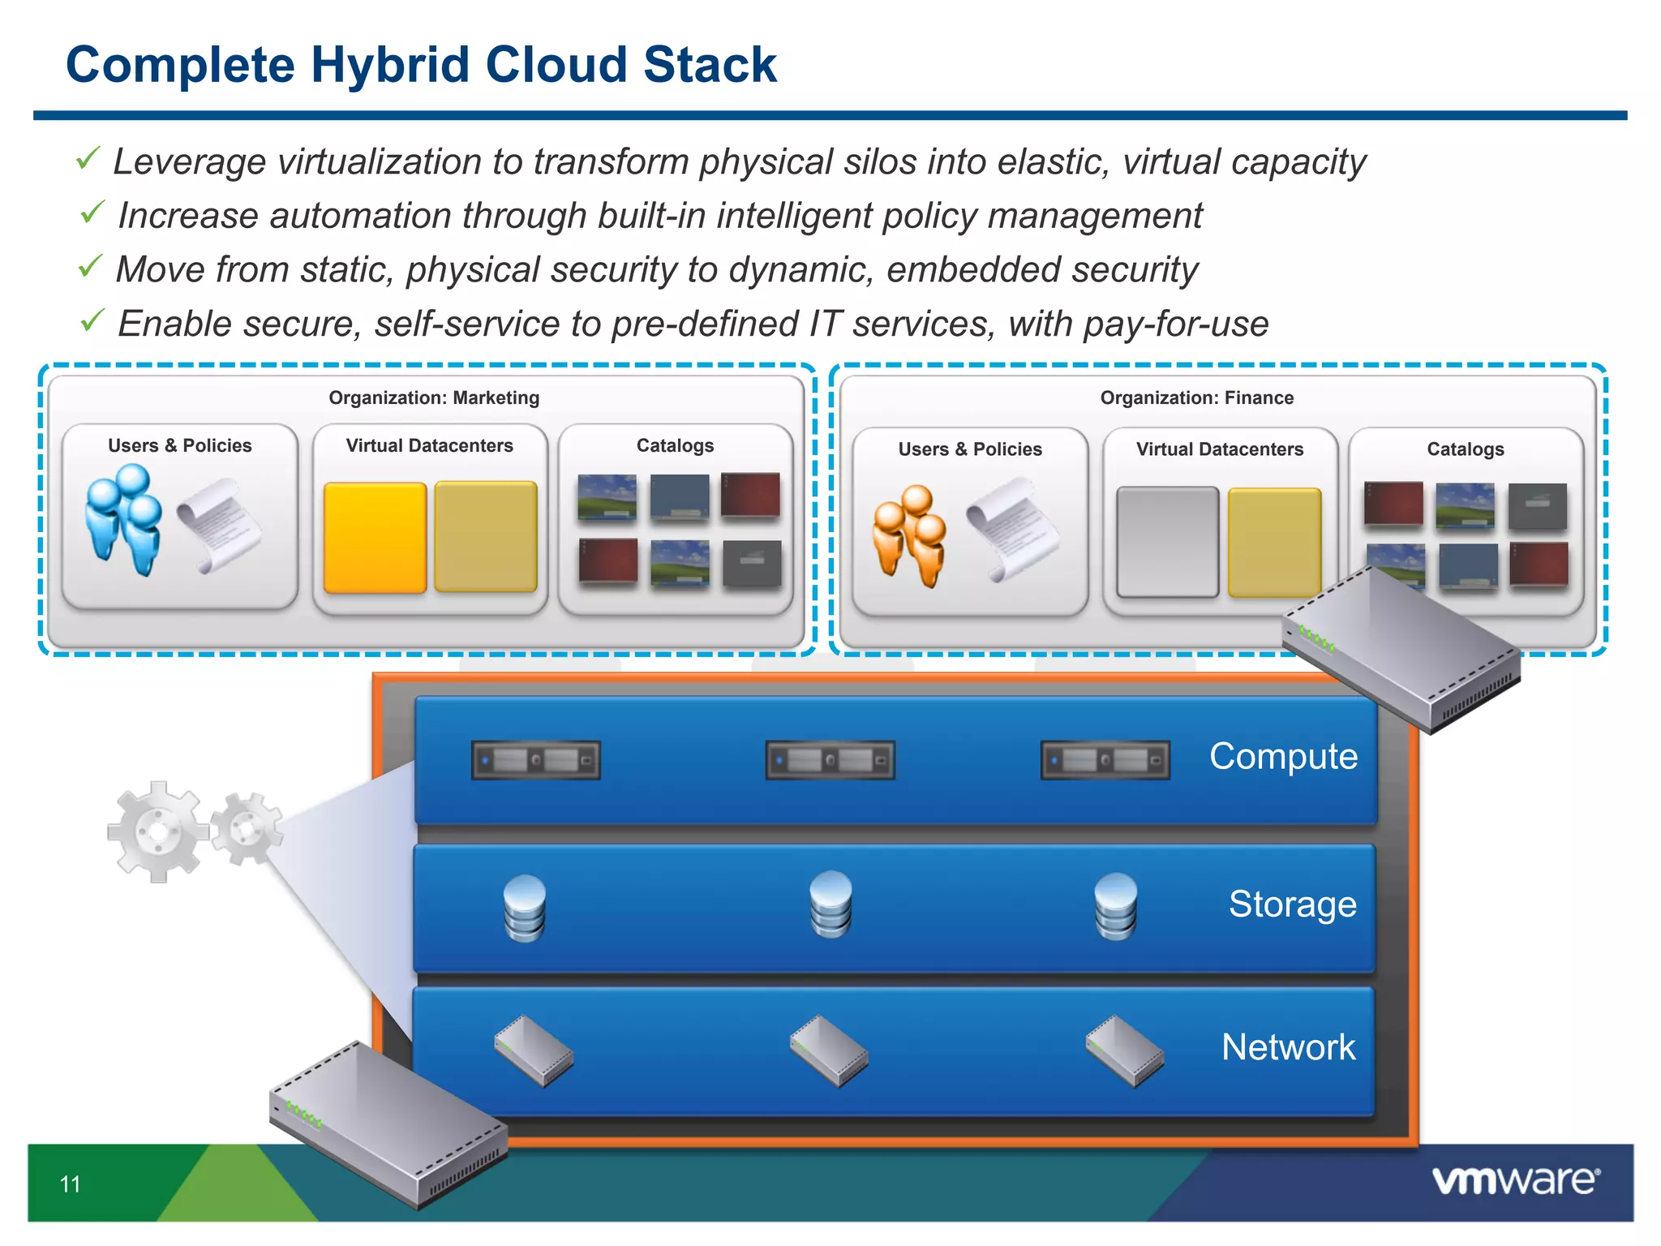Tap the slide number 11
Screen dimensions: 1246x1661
click(71, 1184)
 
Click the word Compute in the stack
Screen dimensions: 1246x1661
click(1283, 756)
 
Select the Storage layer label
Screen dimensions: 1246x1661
click(1292, 904)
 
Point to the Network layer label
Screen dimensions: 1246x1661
click(1288, 1047)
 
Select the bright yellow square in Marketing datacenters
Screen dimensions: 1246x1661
click(375, 537)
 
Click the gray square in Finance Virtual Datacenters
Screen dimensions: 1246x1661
click(1167, 542)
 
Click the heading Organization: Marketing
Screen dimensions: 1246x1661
click(434, 397)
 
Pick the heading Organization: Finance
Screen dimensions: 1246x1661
click(1196, 397)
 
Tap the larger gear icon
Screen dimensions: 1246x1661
click(157, 831)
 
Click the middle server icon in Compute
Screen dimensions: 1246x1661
click(830, 760)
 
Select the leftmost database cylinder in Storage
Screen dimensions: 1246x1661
click(524, 908)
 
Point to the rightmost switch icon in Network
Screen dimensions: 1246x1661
click(1124, 1050)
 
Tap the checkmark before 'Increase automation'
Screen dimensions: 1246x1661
click(92, 213)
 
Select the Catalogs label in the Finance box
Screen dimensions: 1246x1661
click(1465, 449)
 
